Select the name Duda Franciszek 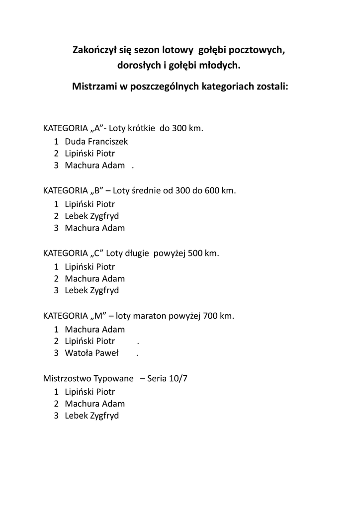96,141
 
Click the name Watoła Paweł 91,353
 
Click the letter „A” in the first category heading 96,128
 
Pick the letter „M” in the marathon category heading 97,316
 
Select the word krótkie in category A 141,128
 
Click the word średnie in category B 146,190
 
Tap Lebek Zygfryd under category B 91,216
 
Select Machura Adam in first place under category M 94,329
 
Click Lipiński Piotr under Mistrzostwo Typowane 90,391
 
